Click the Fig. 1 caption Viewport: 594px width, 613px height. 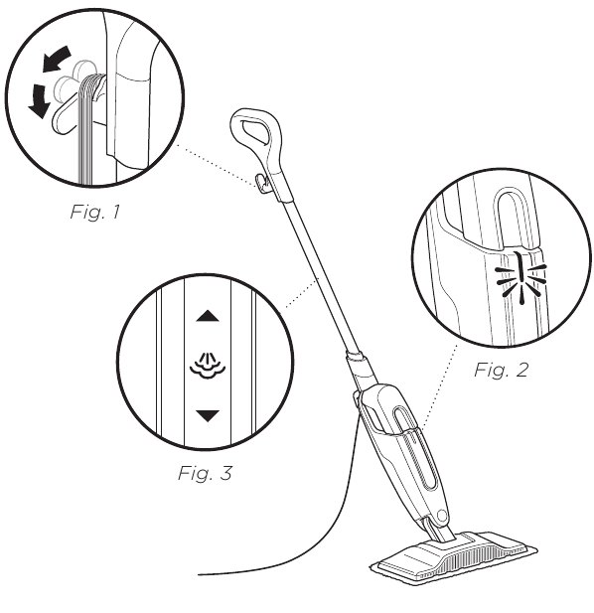(x=94, y=212)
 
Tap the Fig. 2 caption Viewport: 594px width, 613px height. (x=501, y=370)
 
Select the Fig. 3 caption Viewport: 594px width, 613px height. (x=205, y=473)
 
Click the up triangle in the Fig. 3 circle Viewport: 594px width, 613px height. (x=208, y=316)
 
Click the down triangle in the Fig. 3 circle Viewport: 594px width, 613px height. (x=208, y=416)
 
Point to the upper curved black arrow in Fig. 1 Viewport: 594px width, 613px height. (x=57, y=58)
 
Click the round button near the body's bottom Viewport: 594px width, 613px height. (x=441, y=515)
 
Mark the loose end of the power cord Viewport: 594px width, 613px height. (x=199, y=574)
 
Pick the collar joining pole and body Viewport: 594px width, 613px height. (x=356, y=358)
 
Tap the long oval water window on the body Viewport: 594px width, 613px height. (x=415, y=449)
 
